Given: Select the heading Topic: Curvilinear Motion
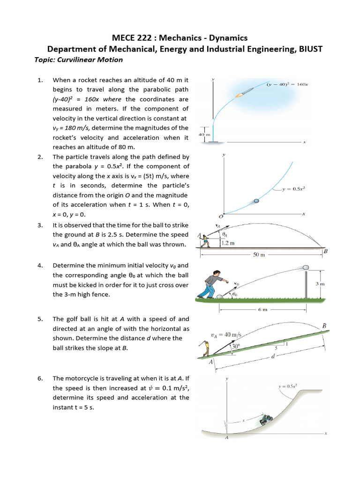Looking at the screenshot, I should click(x=79, y=60).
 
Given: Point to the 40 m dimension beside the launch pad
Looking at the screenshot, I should click(x=203, y=134).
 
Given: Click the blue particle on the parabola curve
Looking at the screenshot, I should click(x=256, y=201).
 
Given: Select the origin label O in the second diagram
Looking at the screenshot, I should click(x=221, y=217).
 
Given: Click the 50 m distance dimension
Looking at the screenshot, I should click(x=259, y=255).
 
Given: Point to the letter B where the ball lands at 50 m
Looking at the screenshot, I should click(x=325, y=252).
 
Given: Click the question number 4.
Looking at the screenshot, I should click(x=40, y=265).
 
